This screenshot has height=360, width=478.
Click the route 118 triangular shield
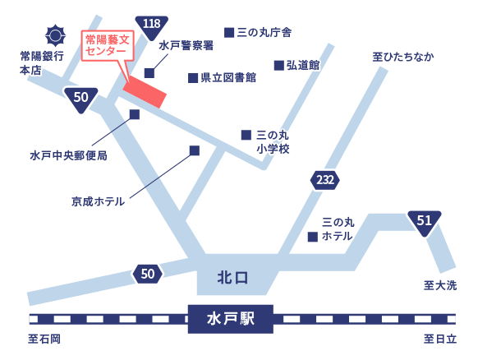coord(151,27)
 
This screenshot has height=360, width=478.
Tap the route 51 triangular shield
coord(425,222)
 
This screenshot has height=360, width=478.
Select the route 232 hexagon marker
coord(325,180)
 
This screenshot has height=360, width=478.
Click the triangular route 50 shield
coord(80,99)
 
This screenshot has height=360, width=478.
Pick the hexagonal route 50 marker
coord(148,274)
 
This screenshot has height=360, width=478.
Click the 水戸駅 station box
coord(231,319)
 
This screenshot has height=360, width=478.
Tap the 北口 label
coord(232,278)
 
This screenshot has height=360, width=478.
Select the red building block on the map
coord(145,91)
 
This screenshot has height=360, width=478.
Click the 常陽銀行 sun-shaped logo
coord(55,35)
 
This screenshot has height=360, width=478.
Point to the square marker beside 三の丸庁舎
coord(229,32)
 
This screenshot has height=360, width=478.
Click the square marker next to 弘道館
coord(279,65)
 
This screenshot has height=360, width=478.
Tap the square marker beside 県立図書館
coord(193,78)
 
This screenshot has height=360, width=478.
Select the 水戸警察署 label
coord(186,46)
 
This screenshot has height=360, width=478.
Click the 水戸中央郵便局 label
coord(69,155)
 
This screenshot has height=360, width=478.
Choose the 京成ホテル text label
coord(99,201)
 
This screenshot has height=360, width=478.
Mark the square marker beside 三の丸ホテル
coord(313,237)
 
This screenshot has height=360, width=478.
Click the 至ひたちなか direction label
coord(403,57)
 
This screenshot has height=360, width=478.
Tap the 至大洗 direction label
coord(440,285)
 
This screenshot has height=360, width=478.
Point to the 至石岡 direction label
coord(44,339)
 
